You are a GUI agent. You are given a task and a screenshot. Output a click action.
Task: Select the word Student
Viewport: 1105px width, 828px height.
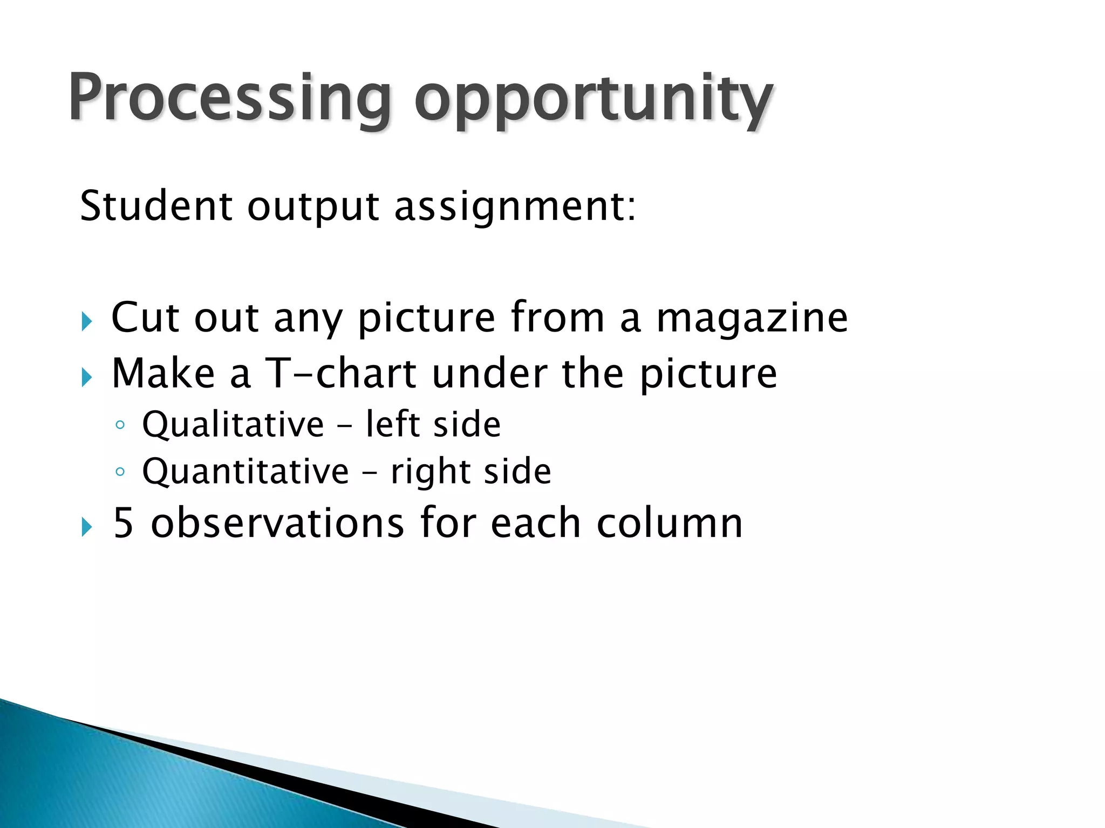(x=156, y=206)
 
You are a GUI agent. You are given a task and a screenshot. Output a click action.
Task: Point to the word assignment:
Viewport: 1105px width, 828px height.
(x=515, y=207)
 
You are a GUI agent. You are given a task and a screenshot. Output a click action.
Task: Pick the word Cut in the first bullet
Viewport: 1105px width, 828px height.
(x=145, y=318)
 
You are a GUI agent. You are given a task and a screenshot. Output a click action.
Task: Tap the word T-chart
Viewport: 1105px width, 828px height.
(x=341, y=373)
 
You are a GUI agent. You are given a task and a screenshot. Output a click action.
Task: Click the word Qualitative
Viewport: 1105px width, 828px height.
(x=233, y=424)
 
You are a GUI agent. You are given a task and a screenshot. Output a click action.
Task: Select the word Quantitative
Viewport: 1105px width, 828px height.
(x=245, y=472)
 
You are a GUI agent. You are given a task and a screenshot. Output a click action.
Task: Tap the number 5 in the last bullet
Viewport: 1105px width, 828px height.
(x=123, y=523)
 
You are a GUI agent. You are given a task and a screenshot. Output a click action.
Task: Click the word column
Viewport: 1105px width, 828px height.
(x=670, y=523)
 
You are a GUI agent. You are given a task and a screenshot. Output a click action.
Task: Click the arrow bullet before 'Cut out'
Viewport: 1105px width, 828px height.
(x=87, y=322)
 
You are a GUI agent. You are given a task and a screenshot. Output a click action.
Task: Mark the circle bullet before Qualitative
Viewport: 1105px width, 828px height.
(x=120, y=425)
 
